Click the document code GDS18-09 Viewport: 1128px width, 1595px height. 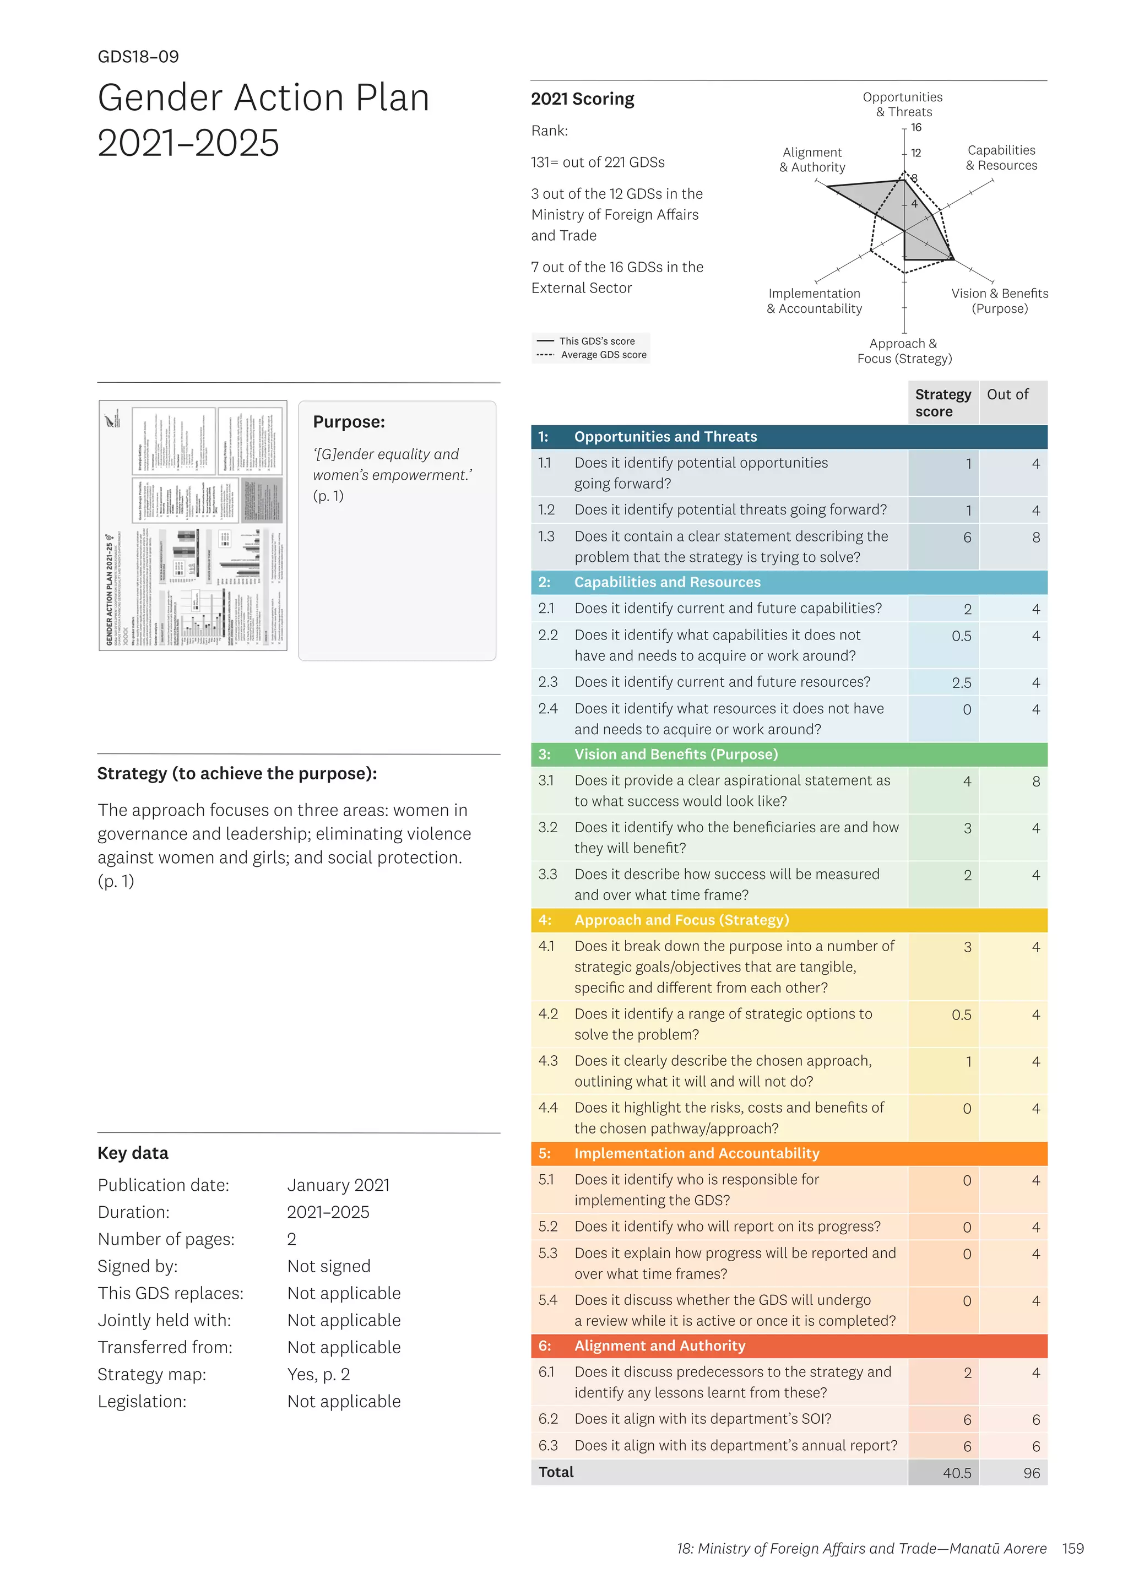[x=138, y=57]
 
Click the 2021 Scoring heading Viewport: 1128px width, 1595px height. [x=582, y=99]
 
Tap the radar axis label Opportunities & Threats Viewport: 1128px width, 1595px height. [x=902, y=104]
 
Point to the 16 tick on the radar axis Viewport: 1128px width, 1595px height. [x=916, y=128]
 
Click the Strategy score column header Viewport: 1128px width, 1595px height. [x=942, y=403]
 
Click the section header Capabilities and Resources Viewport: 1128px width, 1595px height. [x=667, y=582]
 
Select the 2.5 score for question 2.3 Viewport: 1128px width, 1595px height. [x=961, y=683]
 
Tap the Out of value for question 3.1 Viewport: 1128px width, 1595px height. [x=1035, y=782]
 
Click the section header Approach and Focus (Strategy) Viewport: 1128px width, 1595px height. [x=681, y=920]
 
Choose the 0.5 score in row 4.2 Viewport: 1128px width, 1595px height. [x=961, y=1015]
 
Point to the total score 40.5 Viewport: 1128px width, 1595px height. [x=957, y=1473]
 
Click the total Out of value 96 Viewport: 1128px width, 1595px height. [x=1032, y=1473]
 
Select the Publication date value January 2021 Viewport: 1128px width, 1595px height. [x=338, y=1185]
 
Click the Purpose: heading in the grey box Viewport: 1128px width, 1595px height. [x=349, y=422]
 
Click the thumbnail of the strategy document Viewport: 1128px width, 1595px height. [x=193, y=525]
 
